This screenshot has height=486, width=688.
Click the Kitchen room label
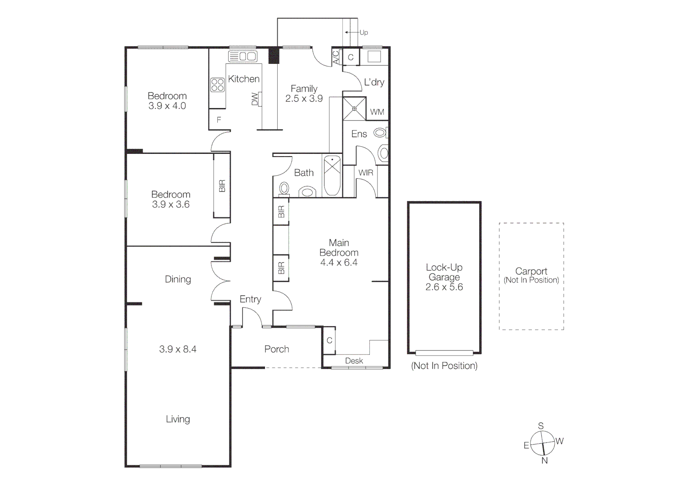(x=243, y=79)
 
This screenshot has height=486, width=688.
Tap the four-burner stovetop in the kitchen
(x=217, y=85)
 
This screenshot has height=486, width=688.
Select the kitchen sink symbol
(x=243, y=57)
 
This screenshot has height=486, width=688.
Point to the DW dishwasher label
(x=255, y=99)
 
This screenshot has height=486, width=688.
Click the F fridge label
(x=219, y=120)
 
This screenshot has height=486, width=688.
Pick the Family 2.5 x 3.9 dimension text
(x=304, y=99)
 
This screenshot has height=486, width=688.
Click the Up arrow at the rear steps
(x=352, y=32)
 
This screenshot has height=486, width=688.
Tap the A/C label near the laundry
(x=336, y=57)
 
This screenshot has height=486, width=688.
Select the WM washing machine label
(x=377, y=112)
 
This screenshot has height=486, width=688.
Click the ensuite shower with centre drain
(x=354, y=108)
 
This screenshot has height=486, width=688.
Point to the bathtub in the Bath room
(x=332, y=175)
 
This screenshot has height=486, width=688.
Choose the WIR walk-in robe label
(x=365, y=173)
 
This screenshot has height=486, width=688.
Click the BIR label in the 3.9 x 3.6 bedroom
(x=222, y=186)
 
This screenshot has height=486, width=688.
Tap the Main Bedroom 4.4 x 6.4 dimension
(x=338, y=263)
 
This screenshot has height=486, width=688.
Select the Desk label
(x=354, y=361)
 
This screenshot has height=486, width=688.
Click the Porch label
(x=276, y=349)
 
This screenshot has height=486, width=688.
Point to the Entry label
(x=250, y=299)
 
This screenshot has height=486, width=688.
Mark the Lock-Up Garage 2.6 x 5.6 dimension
(x=444, y=287)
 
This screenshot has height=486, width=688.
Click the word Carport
(x=531, y=271)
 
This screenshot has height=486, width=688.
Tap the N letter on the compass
(x=544, y=461)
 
